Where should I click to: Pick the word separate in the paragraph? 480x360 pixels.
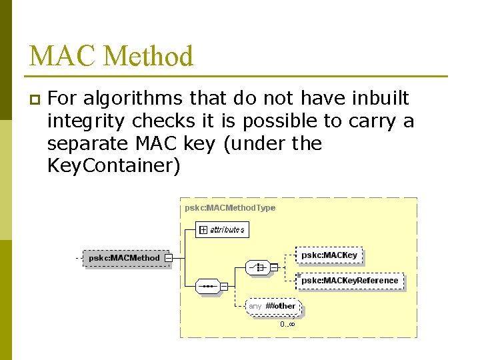point(89,143)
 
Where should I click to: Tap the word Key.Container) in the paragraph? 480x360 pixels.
point(113,166)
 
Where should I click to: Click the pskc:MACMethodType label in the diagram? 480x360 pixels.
point(230,208)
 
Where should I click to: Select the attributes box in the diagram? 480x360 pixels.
point(222,230)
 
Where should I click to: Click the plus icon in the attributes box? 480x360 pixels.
point(203,230)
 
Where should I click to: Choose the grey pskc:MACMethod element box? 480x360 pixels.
point(125,258)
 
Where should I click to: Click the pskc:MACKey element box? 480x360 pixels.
point(329,255)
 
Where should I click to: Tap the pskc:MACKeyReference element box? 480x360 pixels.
point(349,281)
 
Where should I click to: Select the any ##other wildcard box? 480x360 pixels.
point(273,306)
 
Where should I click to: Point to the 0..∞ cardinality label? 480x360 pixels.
point(287,325)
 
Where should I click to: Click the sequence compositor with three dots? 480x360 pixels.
point(207,286)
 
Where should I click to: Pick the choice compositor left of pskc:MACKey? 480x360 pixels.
point(257,267)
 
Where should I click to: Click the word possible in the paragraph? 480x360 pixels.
point(284,121)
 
